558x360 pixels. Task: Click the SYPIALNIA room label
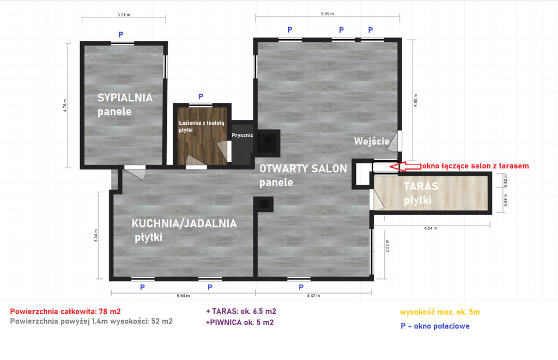125,98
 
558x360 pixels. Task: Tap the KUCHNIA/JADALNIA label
184,223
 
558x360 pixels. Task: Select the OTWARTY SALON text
303,169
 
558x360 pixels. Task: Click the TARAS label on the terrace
421,186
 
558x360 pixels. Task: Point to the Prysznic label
242,136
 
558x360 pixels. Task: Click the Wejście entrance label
372,142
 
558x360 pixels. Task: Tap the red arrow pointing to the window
407,166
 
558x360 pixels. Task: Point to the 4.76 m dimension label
65,105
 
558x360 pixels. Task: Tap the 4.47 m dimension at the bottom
313,296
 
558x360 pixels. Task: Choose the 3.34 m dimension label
96,235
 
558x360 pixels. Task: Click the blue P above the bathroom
201,96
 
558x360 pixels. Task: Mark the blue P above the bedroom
121,34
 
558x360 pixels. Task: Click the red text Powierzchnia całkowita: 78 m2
65,312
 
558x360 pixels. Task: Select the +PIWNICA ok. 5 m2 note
239,322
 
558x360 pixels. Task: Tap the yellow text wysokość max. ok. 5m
439,312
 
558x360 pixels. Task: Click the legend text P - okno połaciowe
434,326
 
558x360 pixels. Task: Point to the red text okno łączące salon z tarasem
475,166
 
